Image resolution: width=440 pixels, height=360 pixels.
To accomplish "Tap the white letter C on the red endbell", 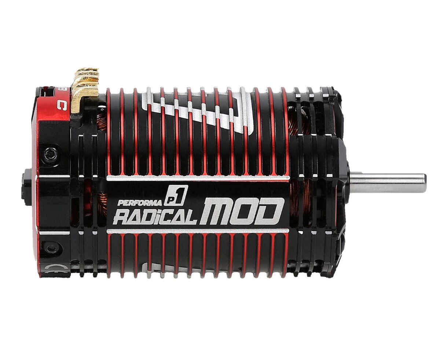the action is click(x=61, y=106).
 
